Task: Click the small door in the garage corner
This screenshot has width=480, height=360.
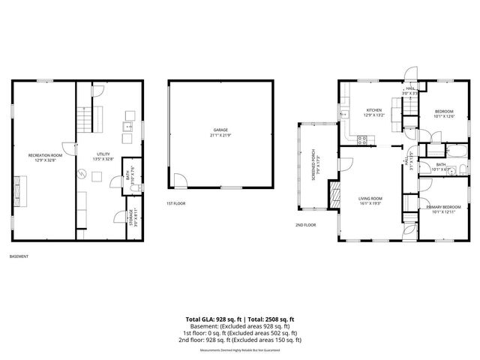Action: coord(181,181)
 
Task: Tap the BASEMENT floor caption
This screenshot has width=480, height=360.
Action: coord(19,257)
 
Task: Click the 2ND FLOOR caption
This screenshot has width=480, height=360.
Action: coord(305,225)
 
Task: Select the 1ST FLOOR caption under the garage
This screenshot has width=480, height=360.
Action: coord(177,203)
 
